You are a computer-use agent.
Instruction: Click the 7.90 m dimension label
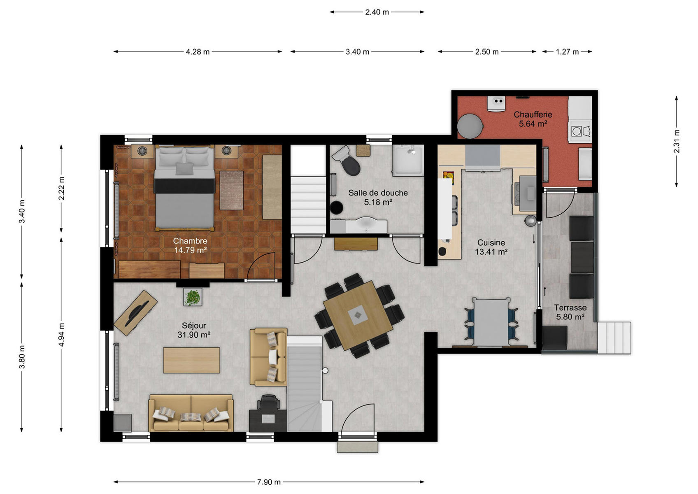pyautogui.click(x=269, y=482)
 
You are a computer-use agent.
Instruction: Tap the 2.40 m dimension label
pyautogui.click(x=377, y=12)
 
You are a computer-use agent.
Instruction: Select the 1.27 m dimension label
pyautogui.click(x=567, y=52)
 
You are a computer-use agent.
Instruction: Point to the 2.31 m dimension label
pyautogui.click(x=677, y=142)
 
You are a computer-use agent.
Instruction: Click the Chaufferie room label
pyautogui.click(x=533, y=115)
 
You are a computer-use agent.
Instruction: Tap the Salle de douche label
pyautogui.click(x=378, y=193)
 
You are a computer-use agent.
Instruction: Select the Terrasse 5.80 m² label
pyautogui.click(x=570, y=312)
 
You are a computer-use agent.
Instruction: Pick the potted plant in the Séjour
pyautogui.click(x=193, y=297)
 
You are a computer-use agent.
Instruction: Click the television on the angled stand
pyautogui.click(x=137, y=312)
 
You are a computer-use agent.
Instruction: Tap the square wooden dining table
pyautogui.click(x=358, y=315)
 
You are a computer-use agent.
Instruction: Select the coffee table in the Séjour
pyautogui.click(x=191, y=360)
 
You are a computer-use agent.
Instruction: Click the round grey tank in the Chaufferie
pyautogui.click(x=470, y=126)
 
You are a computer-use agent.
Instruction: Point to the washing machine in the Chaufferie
pyautogui.click(x=580, y=131)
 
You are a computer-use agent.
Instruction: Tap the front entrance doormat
pyautogui.click(x=357, y=447)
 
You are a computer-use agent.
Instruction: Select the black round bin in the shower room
pyautogui.click(x=337, y=207)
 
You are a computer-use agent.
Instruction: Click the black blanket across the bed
pyautogui.click(x=184, y=186)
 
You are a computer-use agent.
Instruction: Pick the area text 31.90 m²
pyautogui.click(x=194, y=335)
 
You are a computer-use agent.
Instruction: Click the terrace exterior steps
pyautogui.click(x=614, y=338)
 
